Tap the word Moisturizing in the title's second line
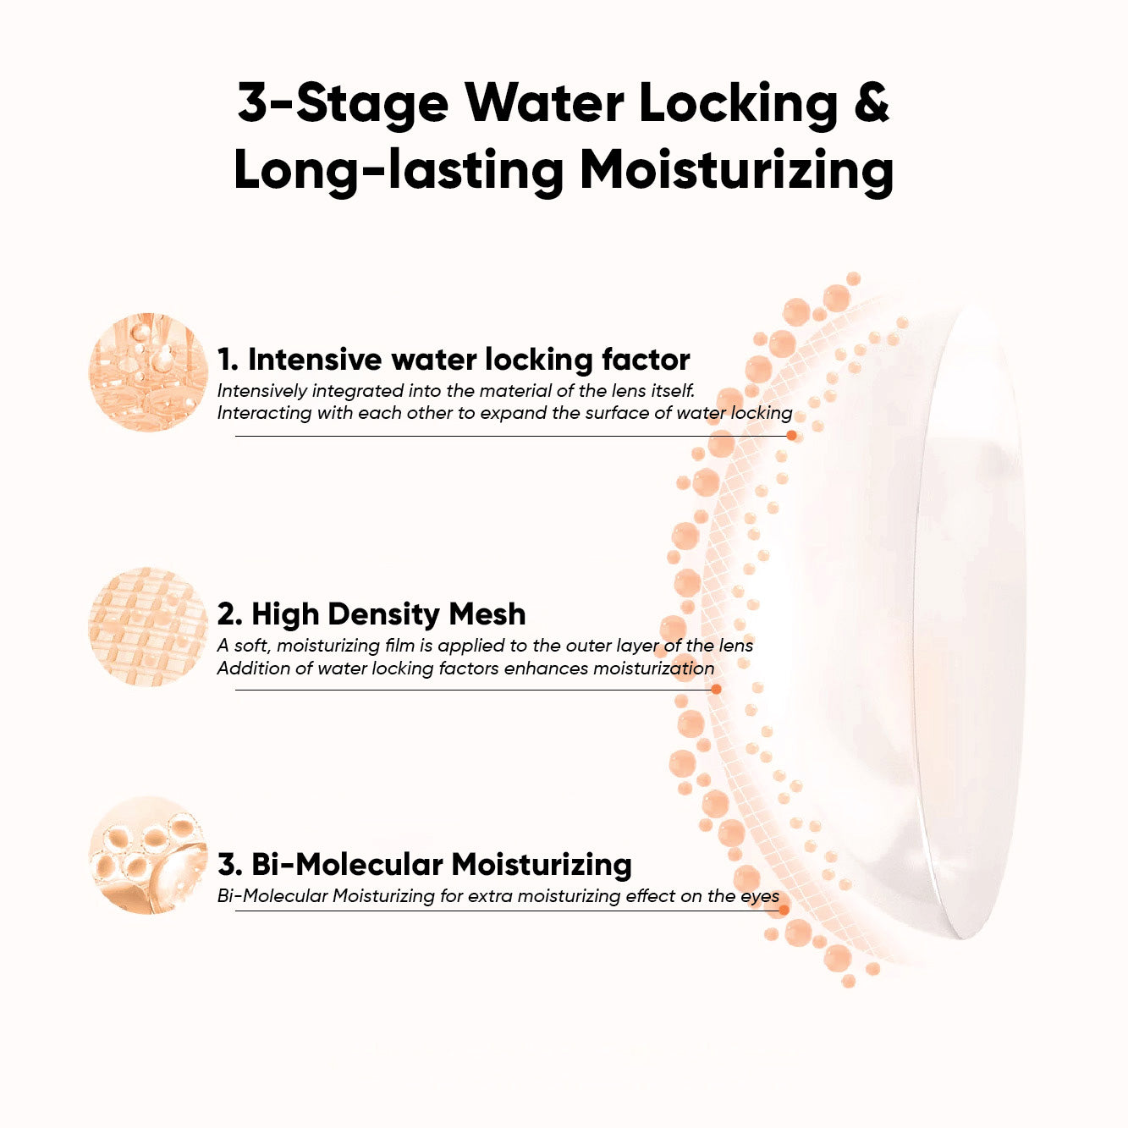pyautogui.click(x=737, y=170)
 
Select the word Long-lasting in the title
pyautogui.click(x=398, y=170)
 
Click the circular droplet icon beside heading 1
pyautogui.click(x=149, y=371)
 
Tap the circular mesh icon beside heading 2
pyautogui.click(x=149, y=625)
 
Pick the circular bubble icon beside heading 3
pyautogui.click(x=149, y=856)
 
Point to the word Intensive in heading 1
pyautogui.click(x=314, y=359)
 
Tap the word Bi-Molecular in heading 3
pyautogui.click(x=347, y=864)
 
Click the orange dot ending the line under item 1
pyautogui.click(x=791, y=436)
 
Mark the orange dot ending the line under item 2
pyautogui.click(x=716, y=689)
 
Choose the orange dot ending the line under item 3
pyautogui.click(x=784, y=911)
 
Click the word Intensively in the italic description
pyautogui.click(x=261, y=391)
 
